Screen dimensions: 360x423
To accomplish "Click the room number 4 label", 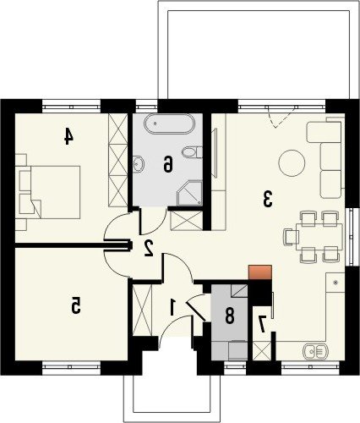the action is tap(68, 136).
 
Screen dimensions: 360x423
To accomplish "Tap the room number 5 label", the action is tap(76, 305).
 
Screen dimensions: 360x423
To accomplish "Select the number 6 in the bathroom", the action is tap(167, 164).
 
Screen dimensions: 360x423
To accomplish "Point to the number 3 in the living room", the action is tap(268, 199).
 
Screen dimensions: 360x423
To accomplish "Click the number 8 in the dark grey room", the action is tap(229, 316).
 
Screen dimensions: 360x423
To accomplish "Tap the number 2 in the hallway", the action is tap(149, 248).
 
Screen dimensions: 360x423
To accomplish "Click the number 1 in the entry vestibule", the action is tap(172, 307).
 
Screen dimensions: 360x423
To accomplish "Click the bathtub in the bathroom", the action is tap(169, 124).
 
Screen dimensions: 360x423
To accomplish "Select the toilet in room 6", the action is tap(192, 152).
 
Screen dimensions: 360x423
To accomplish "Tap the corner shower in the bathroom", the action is tap(190, 194).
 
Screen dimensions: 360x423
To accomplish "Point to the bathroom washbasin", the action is tap(138, 163).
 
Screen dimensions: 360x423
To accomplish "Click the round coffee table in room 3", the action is tap(292, 163).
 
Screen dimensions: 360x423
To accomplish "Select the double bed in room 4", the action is tap(49, 192).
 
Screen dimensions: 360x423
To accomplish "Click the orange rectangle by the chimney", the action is tap(260, 272).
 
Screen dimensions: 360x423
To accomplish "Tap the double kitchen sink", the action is tap(315, 351).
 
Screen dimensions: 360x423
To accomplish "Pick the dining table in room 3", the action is tap(319, 237).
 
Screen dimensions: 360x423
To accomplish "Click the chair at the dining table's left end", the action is tap(292, 237).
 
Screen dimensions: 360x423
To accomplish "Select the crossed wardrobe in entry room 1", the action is tap(142, 310).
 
